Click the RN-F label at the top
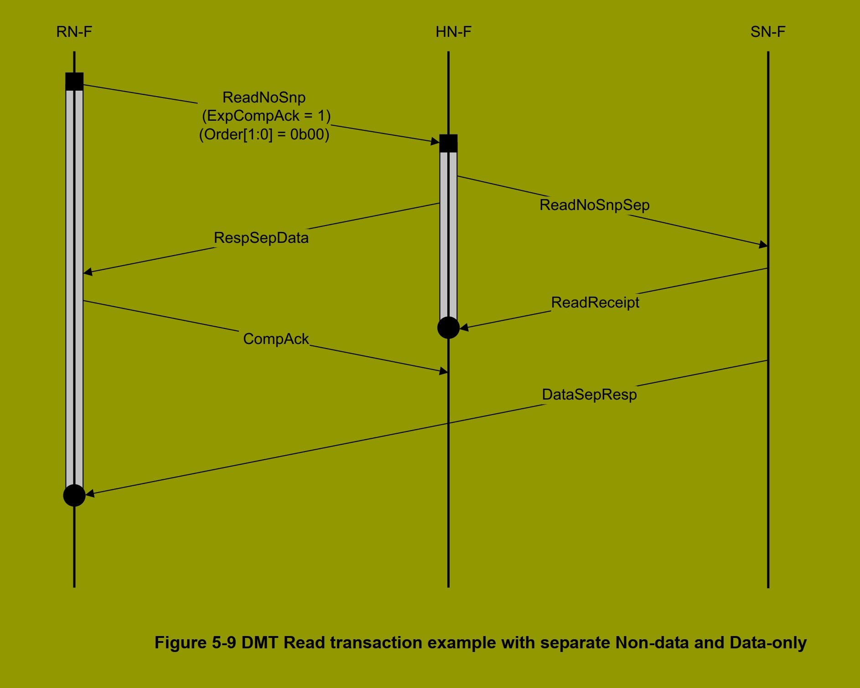74,32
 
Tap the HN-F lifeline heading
453,32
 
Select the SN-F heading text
768,32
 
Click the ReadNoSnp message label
264,98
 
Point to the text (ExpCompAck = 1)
266,116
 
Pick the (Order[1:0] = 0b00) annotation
264,134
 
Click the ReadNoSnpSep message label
594,205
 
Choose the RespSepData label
261,238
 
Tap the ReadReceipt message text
595,303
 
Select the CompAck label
276,339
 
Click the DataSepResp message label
589,395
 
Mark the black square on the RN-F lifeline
74,82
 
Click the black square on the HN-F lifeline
448,144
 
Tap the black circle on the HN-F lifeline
448,328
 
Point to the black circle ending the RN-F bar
74,495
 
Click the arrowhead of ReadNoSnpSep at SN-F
763,245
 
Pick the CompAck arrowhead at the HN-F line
443,371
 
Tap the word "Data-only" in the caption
768,642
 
